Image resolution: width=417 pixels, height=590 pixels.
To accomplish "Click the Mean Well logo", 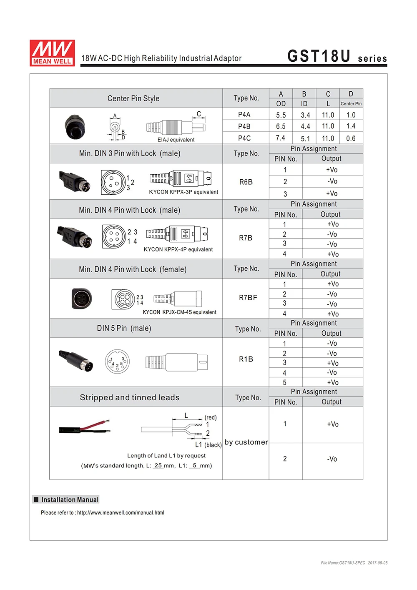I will (52, 53).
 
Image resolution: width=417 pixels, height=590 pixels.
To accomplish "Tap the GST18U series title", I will (337, 57).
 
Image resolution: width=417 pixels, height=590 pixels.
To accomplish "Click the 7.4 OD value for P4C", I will (281, 138).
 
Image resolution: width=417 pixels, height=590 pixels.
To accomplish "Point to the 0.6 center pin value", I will (351, 138).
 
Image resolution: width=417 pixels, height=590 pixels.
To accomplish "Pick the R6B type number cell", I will (246, 182).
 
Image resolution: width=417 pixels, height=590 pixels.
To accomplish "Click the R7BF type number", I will (248, 298).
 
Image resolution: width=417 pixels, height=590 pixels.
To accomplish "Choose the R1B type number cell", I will (246, 359).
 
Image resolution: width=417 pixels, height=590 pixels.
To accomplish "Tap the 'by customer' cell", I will (246, 442).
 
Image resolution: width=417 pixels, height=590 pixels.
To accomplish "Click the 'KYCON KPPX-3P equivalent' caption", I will (183, 192).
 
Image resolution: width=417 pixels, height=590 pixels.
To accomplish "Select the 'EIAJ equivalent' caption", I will (176, 140).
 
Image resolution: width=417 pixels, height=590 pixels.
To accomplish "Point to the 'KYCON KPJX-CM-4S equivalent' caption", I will (179, 312).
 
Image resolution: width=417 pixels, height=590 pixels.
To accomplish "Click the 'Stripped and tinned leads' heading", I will (130, 397).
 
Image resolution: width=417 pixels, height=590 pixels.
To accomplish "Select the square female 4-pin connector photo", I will (81, 299).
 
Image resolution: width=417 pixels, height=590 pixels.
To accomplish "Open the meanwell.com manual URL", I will (121, 513).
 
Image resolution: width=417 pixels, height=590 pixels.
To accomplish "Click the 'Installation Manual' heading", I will (70, 500).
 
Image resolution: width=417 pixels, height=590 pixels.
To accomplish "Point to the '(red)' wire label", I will (211, 417).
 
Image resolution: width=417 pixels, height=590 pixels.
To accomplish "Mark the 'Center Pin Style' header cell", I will (133, 98).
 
